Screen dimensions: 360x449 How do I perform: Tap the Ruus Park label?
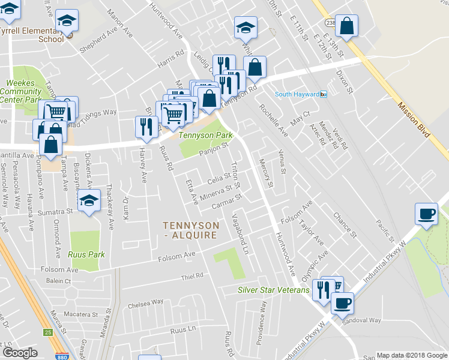(x=87, y=254)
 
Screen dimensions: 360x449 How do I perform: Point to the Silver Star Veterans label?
(x=273, y=290)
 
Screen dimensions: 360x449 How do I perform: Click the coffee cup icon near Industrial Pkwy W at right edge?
(x=427, y=214)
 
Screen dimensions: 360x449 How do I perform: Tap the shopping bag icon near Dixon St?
(x=347, y=26)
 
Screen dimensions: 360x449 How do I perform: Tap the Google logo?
(x=20, y=353)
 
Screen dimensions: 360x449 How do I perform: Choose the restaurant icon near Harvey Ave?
(x=146, y=126)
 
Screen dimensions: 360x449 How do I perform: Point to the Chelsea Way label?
(x=145, y=304)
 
